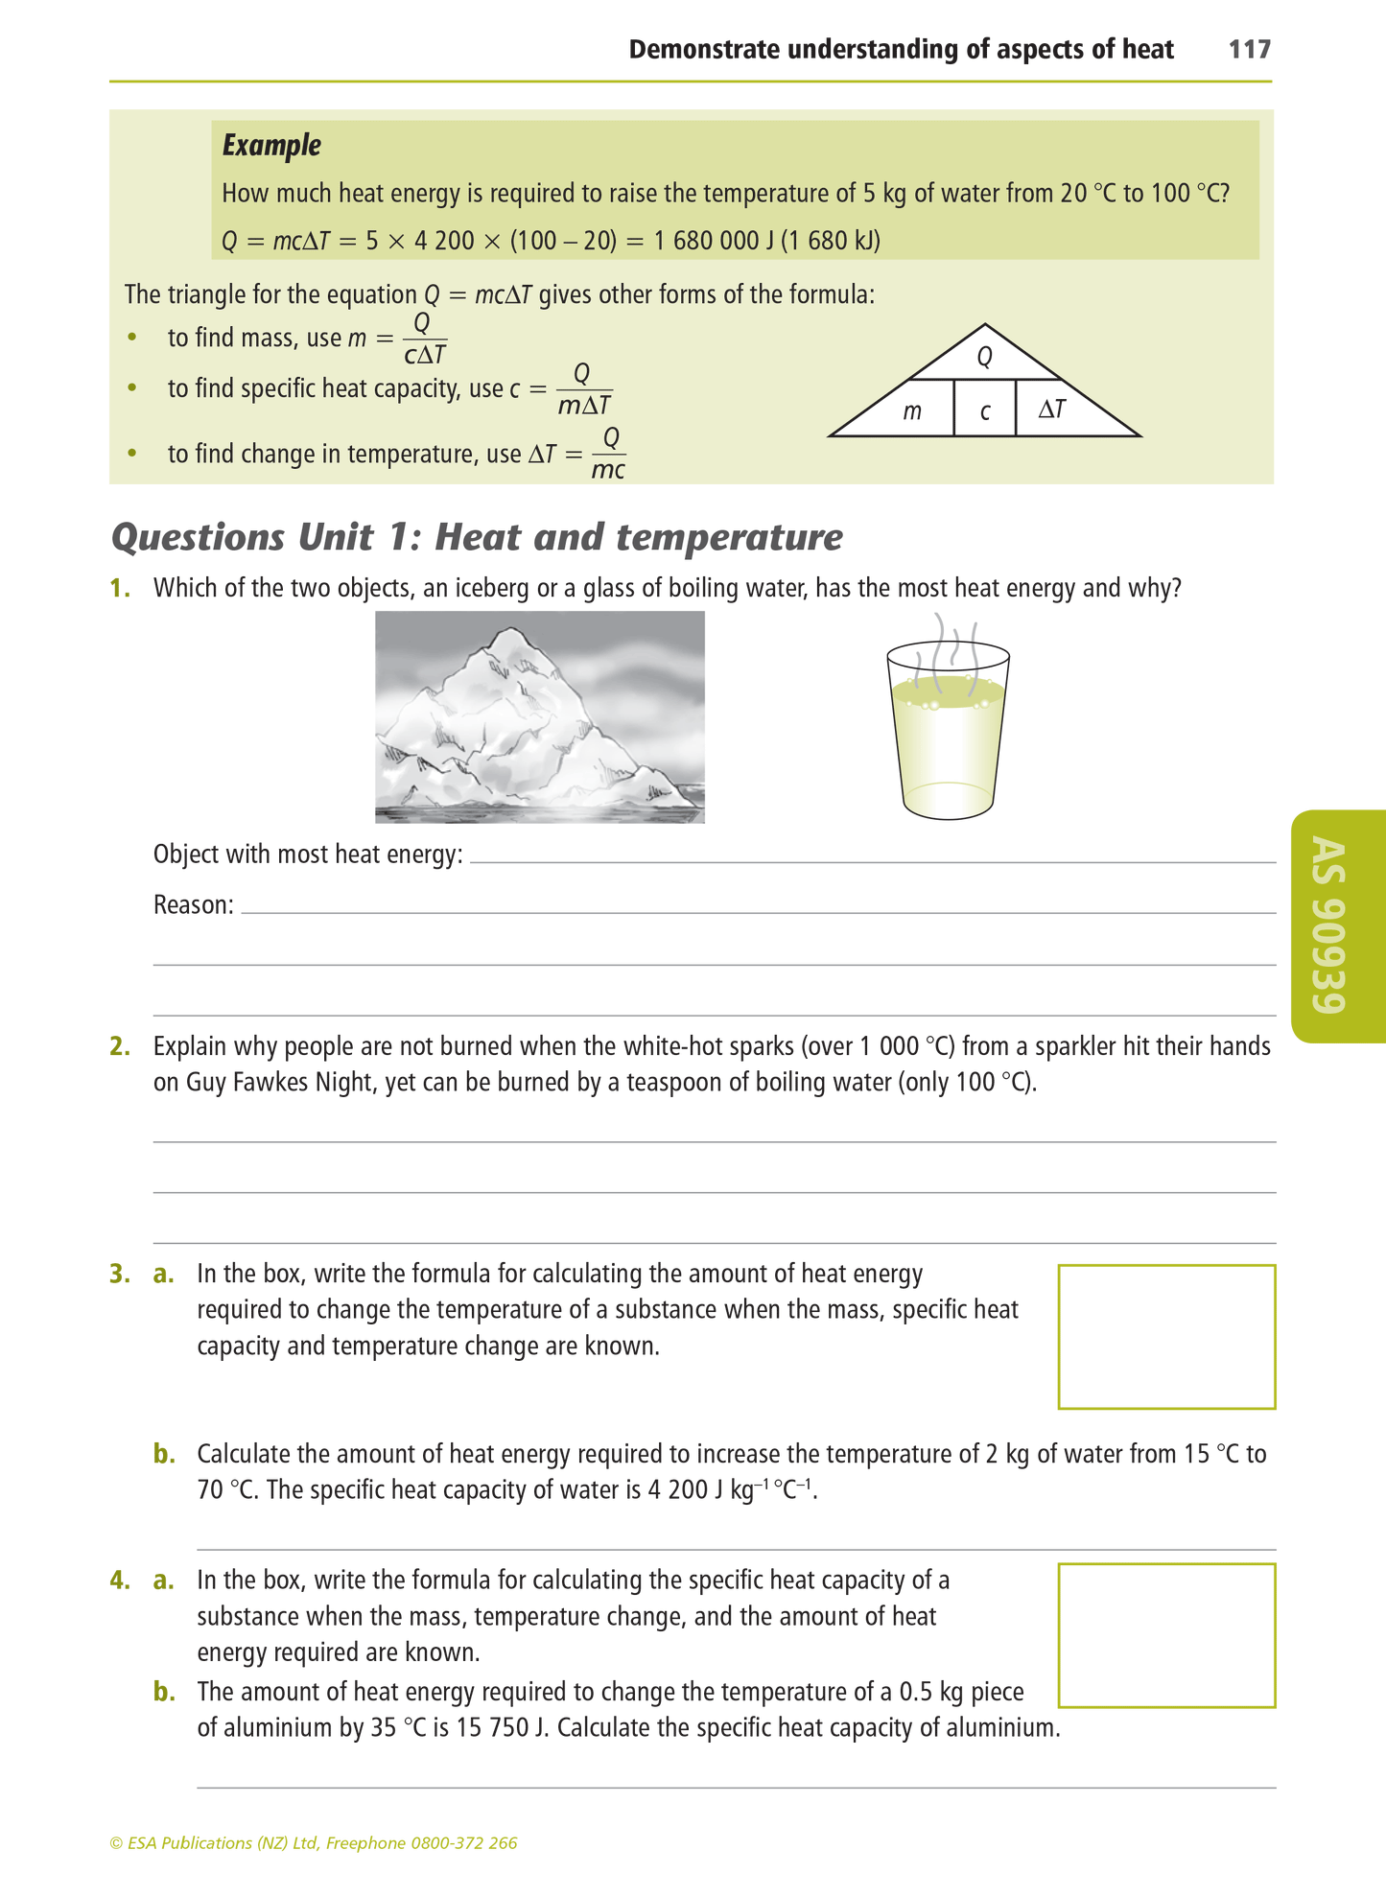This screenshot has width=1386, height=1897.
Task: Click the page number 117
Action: [1249, 50]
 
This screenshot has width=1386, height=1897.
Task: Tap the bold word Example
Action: [271, 146]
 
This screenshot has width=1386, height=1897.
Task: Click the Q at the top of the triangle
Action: [984, 358]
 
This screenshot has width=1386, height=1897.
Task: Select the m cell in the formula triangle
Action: [911, 412]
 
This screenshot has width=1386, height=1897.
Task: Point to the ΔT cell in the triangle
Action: [1052, 410]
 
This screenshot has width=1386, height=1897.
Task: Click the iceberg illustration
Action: [539, 716]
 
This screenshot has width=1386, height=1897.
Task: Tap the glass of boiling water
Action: [948, 738]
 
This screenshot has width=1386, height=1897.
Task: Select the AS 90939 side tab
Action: [1336, 925]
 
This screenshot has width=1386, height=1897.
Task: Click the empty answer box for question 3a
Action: [1165, 1336]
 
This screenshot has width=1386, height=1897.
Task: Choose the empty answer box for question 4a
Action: [1165, 1636]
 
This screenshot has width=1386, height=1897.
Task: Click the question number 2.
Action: [120, 1046]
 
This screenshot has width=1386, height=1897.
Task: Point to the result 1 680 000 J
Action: [713, 240]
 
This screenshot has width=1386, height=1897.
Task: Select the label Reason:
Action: [194, 904]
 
